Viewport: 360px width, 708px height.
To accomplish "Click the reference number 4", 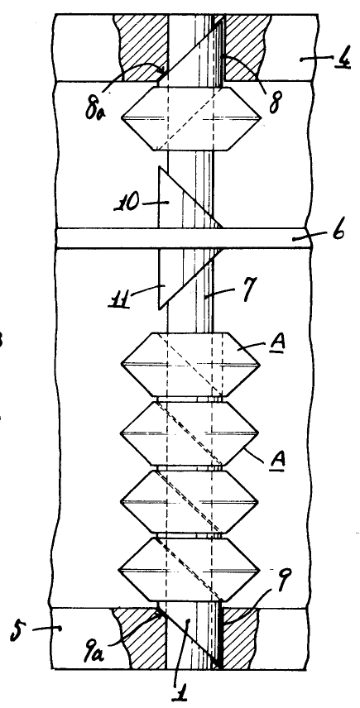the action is click(x=343, y=60).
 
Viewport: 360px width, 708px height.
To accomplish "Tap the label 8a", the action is click(x=94, y=109).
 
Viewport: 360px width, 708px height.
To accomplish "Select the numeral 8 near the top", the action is click(x=274, y=103).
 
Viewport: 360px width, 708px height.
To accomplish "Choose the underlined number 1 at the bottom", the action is click(x=180, y=691).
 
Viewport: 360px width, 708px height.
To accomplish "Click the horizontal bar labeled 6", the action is click(x=183, y=238).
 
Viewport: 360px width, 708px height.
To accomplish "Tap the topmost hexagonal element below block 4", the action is click(x=191, y=118).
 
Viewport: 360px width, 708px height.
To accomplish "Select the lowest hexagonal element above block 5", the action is click(x=190, y=569).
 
